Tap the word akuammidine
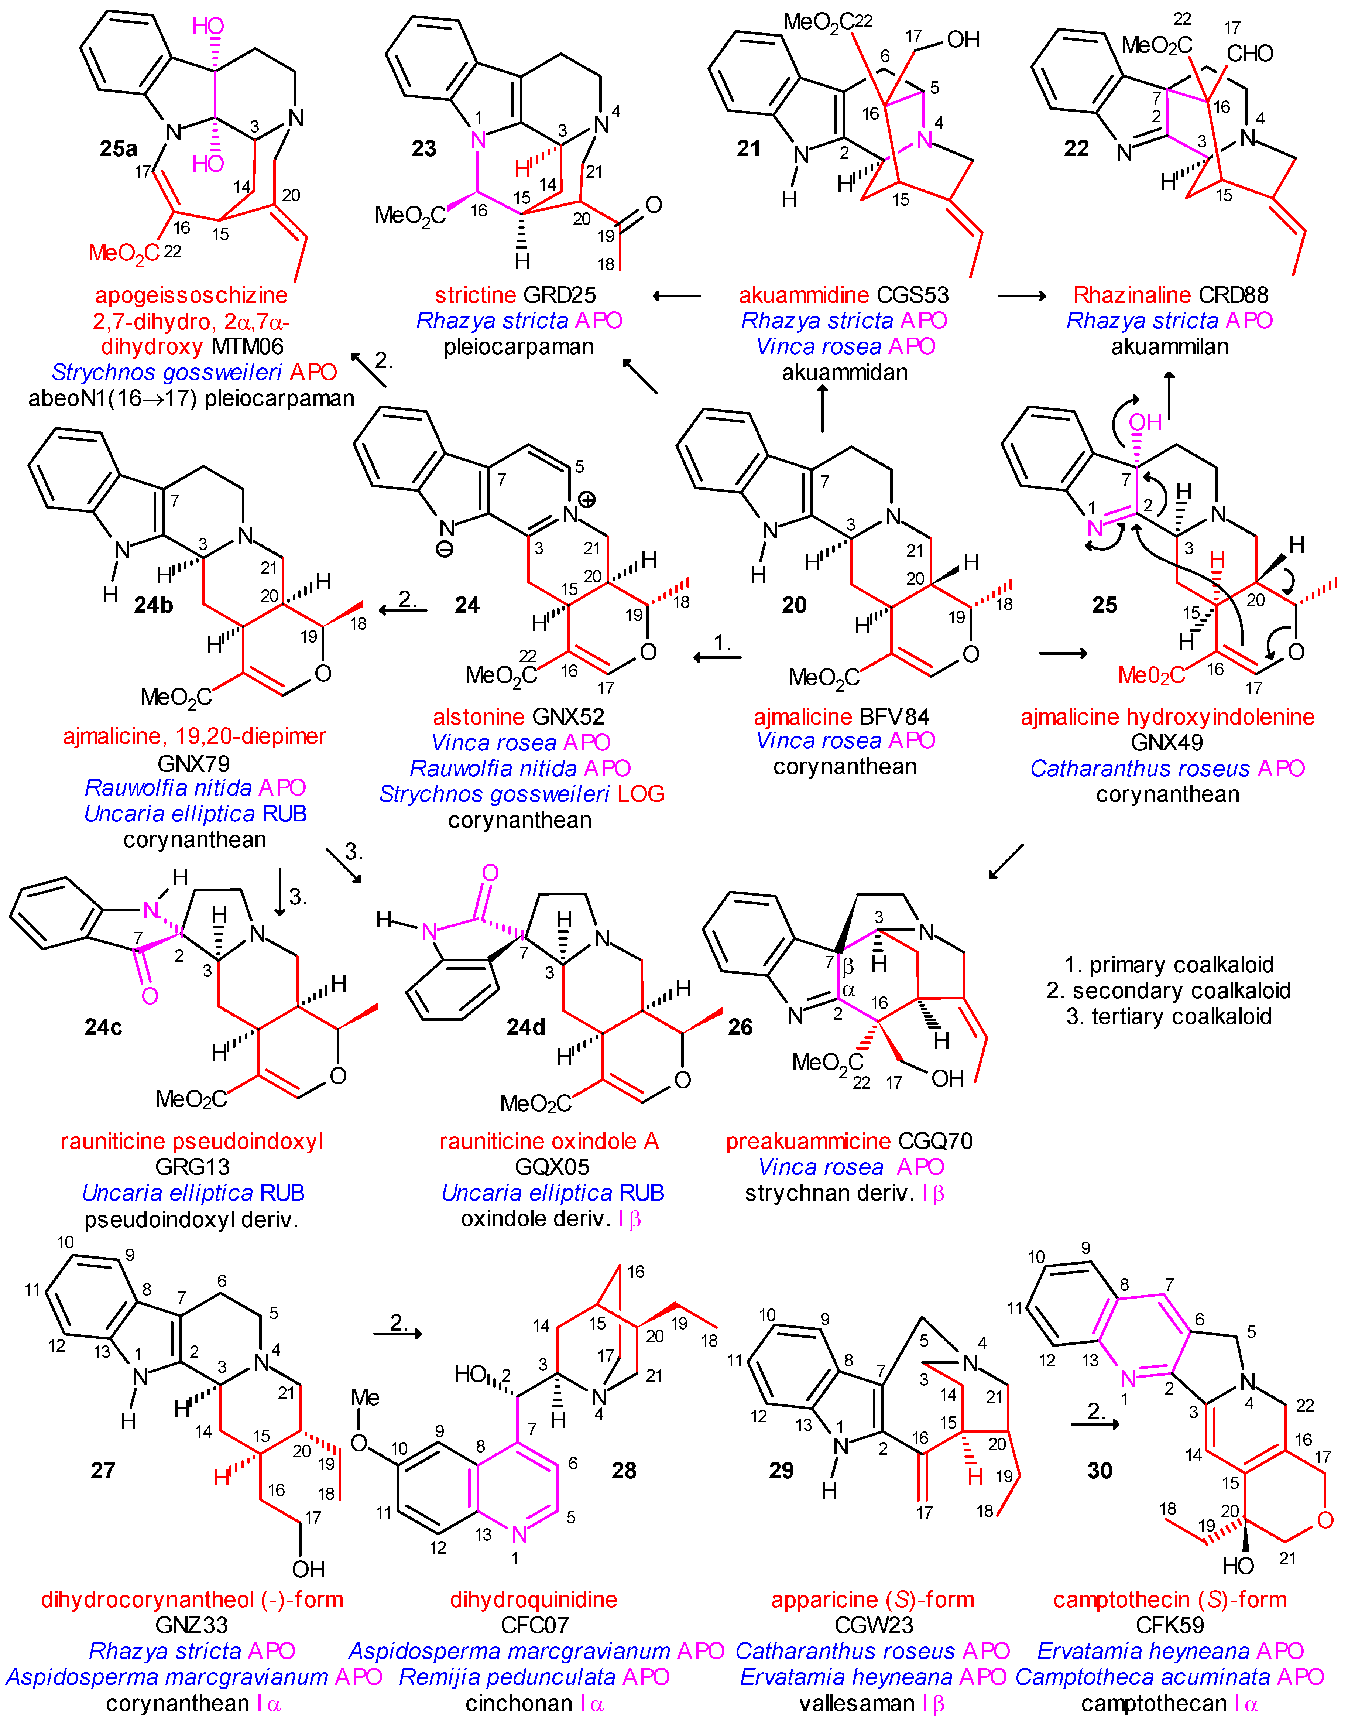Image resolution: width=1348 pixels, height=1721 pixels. point(799,295)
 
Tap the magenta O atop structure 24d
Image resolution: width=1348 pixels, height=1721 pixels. point(490,873)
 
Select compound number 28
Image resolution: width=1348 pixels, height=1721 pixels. point(624,1470)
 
